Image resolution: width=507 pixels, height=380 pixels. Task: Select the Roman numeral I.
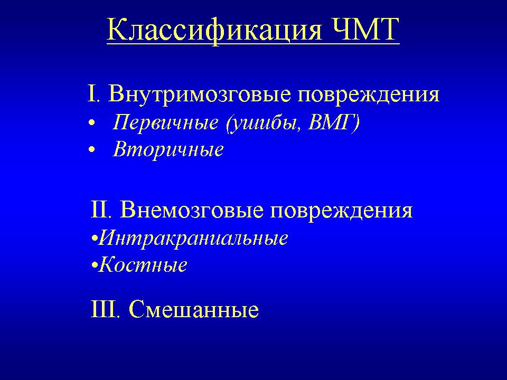click(x=92, y=94)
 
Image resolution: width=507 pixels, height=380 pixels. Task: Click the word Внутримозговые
click(x=200, y=94)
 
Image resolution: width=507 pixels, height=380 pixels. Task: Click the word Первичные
click(x=165, y=122)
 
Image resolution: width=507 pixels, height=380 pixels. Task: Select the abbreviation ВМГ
click(x=334, y=122)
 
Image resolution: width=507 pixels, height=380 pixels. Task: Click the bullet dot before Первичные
click(x=92, y=123)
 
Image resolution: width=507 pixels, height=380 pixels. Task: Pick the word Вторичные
click(x=168, y=149)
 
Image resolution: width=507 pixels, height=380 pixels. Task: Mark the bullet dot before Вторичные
click(x=92, y=149)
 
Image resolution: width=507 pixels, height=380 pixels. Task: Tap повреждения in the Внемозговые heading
click(x=341, y=211)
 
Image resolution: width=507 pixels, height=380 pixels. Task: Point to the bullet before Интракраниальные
click(x=94, y=240)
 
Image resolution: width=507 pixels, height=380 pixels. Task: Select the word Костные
click(x=143, y=265)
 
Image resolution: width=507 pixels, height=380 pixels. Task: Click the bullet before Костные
click(x=94, y=266)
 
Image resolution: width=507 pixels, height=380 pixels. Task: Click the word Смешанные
click(x=194, y=309)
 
